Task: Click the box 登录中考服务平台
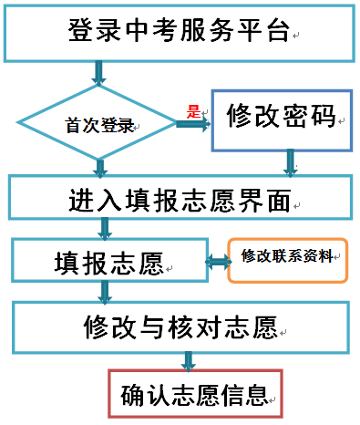tap(179, 34)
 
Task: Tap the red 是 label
tap(192, 112)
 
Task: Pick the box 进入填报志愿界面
tap(179, 198)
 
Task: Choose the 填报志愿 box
tap(109, 262)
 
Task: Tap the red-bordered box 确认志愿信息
tap(194, 395)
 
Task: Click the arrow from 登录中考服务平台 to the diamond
tap(100, 72)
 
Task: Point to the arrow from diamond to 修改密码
tap(191, 124)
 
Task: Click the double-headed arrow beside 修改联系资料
tap(218, 263)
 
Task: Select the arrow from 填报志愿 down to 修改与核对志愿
tap(106, 291)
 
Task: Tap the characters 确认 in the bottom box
tap(141, 395)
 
